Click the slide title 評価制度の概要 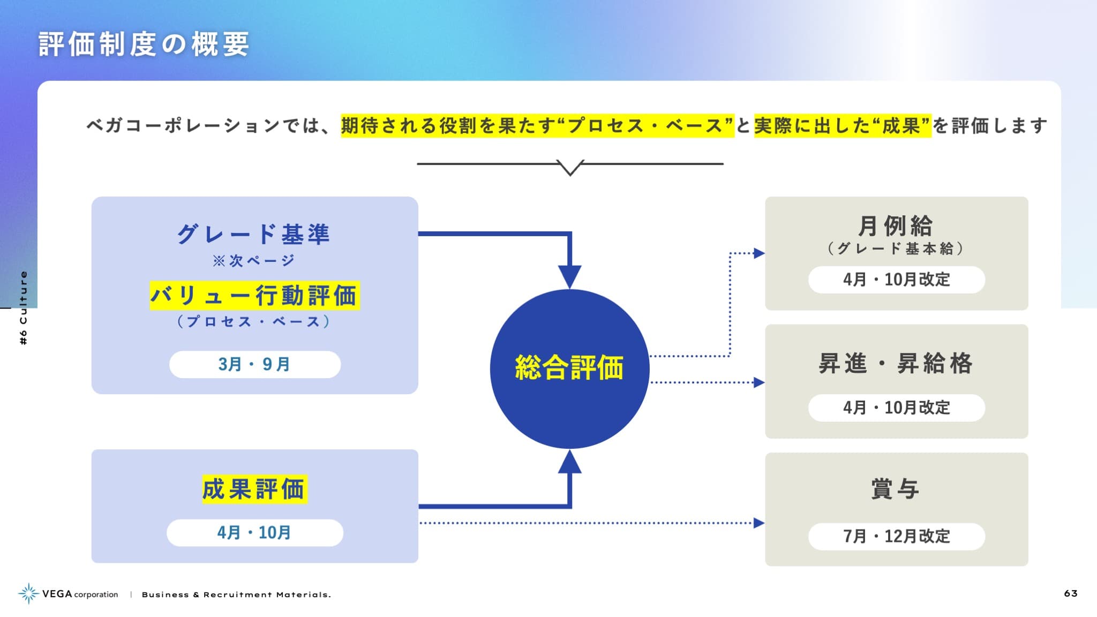tap(144, 44)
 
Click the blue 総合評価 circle tap(570, 368)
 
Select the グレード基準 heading tap(254, 234)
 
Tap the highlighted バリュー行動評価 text tap(254, 296)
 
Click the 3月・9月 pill tap(255, 364)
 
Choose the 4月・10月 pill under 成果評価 tap(255, 532)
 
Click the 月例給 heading tap(896, 225)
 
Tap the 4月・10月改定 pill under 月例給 tap(897, 280)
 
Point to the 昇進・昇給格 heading tap(896, 363)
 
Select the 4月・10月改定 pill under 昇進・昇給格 tap(897, 408)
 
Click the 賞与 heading tap(896, 489)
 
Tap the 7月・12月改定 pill tap(897, 536)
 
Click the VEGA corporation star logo tap(28, 593)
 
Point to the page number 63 tap(1071, 593)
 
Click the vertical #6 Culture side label tap(23, 308)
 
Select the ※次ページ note tap(254, 261)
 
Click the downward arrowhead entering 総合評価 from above tap(570, 277)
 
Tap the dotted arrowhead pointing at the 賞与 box tap(759, 523)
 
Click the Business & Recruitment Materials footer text tap(236, 595)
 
